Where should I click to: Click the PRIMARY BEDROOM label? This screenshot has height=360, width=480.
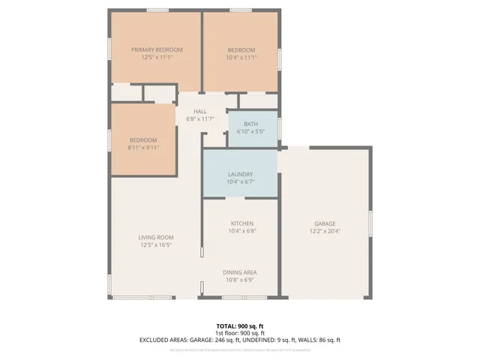157,49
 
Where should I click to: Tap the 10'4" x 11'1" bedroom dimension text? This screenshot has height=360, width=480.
241,58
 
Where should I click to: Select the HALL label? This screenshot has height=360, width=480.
200,111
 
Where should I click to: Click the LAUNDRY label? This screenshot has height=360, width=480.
241,174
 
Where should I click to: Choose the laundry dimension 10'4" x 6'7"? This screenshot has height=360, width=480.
241,182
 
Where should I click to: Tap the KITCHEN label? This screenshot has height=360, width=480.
241,223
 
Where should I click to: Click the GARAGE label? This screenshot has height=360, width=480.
325,223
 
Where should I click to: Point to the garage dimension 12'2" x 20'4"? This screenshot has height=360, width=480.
325,232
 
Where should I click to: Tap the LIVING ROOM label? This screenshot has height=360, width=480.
156,237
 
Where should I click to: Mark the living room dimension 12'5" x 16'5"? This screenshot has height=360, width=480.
156,245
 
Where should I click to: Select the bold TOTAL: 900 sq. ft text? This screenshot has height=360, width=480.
240,325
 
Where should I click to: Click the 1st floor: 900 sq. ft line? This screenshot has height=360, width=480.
240,332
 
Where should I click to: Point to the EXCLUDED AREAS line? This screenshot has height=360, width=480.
240,340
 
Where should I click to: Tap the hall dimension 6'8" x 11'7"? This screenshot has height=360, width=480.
200,119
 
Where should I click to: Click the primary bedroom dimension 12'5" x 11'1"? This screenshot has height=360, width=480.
157,58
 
